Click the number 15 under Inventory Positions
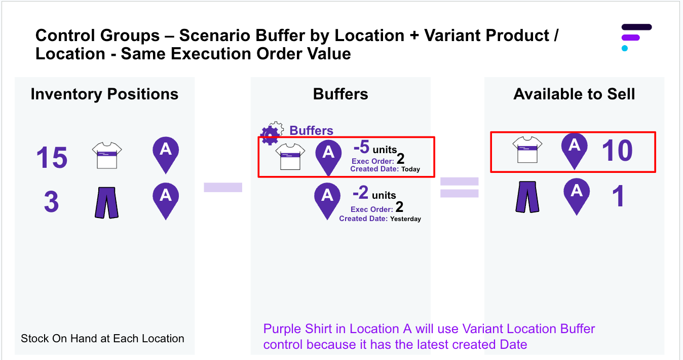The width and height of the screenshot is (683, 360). click(52, 158)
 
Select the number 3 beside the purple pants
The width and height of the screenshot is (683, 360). click(51, 202)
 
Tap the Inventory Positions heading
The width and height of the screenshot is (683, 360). click(104, 94)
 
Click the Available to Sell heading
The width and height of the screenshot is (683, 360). click(574, 94)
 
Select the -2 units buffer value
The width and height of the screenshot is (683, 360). click(374, 194)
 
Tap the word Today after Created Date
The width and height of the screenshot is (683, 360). click(410, 169)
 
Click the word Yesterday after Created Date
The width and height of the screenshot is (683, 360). click(405, 219)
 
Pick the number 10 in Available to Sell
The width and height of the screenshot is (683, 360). click(617, 151)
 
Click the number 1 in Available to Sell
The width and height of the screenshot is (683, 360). click(618, 197)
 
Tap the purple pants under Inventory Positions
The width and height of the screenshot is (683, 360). click(106, 202)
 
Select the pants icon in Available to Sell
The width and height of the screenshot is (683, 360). click(527, 197)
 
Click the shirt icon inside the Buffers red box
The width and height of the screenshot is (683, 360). click(290, 156)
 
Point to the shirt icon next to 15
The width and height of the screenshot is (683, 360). click(107, 155)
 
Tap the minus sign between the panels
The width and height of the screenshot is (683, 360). click(223, 188)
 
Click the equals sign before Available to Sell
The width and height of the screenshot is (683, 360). click(460, 187)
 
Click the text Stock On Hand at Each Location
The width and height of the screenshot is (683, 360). click(102, 339)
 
